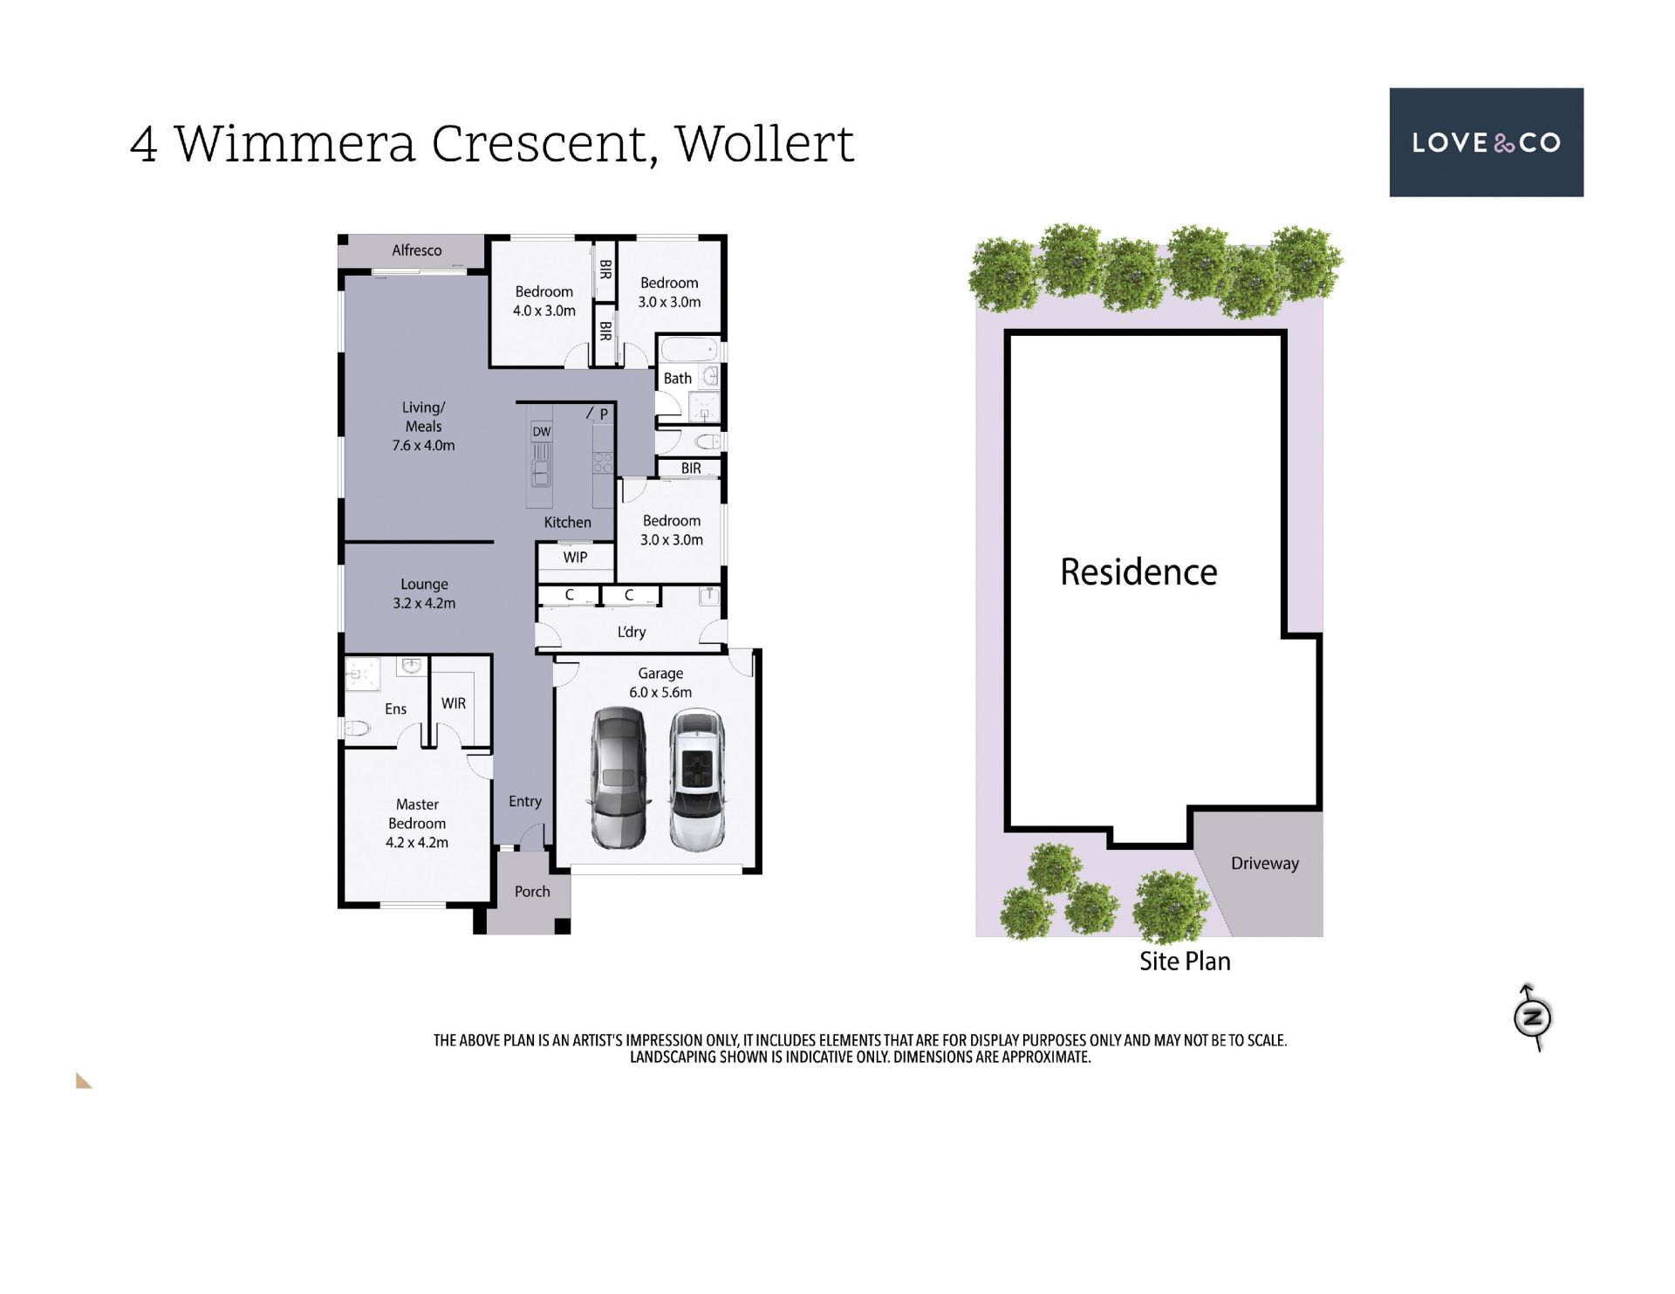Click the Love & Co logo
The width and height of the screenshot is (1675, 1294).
pos(1486,142)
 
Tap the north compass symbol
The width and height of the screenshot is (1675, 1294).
pos(1532,1017)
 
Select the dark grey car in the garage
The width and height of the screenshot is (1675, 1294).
pos(618,778)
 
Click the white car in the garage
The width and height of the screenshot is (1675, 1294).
pos(696,780)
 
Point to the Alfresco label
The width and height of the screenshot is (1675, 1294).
pos(416,250)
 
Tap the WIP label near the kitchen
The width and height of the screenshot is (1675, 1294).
pos(575,557)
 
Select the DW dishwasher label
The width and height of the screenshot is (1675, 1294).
pos(542,431)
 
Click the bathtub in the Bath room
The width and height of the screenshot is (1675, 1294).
pos(689,351)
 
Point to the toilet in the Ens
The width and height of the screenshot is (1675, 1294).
pos(358,728)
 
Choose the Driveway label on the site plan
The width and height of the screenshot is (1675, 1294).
pos(1265,863)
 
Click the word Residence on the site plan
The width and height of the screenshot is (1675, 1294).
pos(1138,572)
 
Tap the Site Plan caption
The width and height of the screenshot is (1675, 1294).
pos(1185,961)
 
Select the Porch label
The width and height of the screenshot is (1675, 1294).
pos(532,891)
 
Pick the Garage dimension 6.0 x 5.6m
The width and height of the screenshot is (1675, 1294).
pos(660,692)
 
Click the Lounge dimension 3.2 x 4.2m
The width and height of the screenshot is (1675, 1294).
pos(424,603)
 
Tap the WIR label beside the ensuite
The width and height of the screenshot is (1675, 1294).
pos(454,703)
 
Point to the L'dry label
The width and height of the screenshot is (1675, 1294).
pos(632,632)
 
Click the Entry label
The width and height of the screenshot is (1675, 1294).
pos(525,801)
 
